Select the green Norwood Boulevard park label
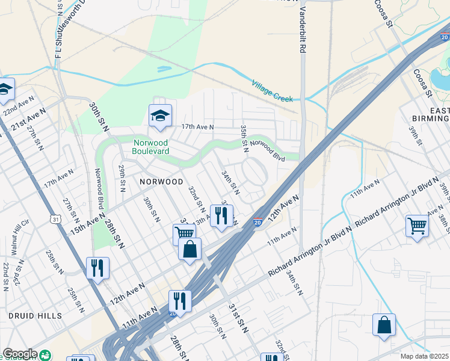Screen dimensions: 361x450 tap(151, 147)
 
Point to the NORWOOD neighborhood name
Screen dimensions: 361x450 tap(161, 181)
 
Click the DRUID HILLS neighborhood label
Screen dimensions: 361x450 tap(35, 315)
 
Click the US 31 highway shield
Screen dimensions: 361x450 tap(56, 220)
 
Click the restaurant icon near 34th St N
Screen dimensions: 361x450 tap(221, 215)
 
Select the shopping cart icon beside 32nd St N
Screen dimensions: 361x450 tap(184, 233)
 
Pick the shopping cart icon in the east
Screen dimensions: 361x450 tap(416, 226)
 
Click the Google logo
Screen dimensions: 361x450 tap(20, 354)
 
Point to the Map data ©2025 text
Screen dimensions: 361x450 tap(425, 356)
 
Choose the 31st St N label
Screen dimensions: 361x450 tap(238, 315)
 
